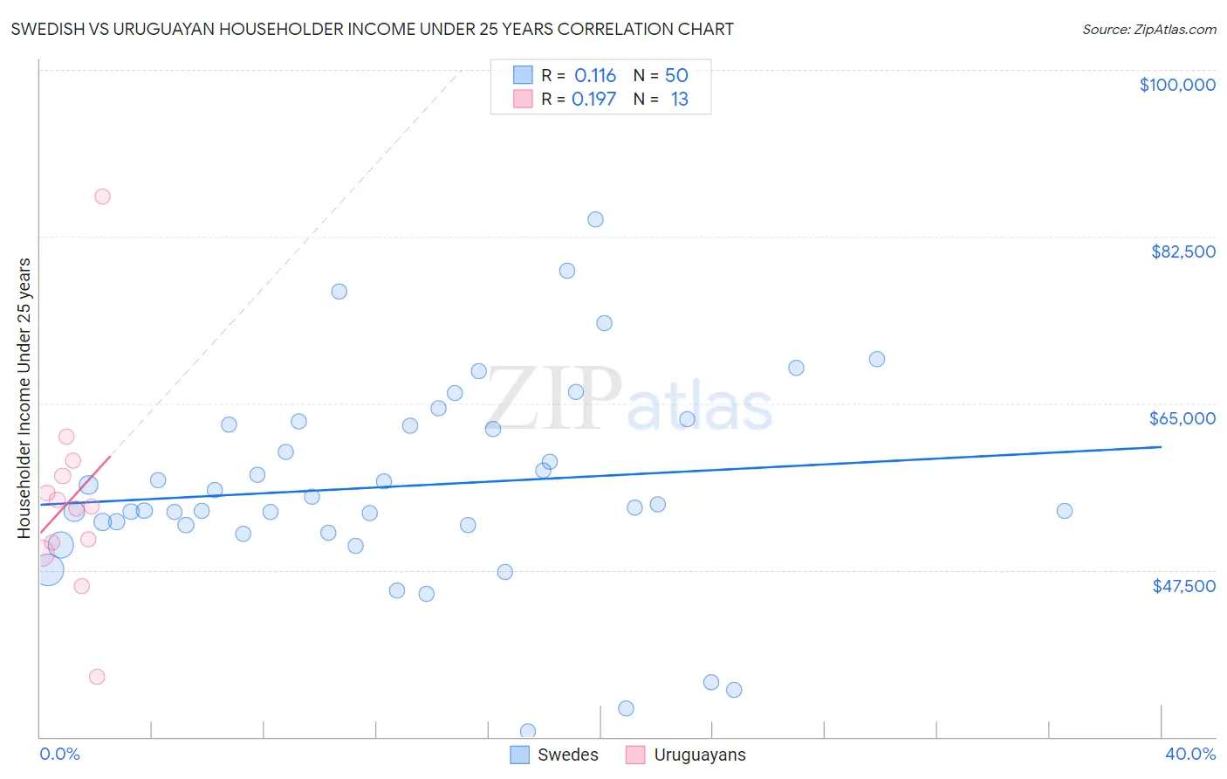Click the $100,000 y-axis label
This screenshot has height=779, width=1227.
coord(1177,85)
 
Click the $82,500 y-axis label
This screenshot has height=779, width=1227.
coord(1182,252)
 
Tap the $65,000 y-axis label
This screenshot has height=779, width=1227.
coord(1182,418)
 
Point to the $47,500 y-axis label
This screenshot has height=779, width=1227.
coord(1183,586)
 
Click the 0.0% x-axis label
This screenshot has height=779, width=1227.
coord(59,754)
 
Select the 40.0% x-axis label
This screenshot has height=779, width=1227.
coord(1189,754)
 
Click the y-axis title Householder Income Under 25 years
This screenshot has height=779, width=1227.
coord(24,397)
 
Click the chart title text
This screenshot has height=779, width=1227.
coord(372,29)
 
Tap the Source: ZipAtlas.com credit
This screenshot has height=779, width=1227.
coord(1148,29)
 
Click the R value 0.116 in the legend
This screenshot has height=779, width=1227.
coord(594,76)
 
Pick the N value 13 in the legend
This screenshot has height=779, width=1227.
coord(679,100)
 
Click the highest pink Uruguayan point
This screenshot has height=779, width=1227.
coord(102,196)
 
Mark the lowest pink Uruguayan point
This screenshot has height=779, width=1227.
coord(97,677)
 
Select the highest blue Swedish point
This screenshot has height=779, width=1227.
coord(595,219)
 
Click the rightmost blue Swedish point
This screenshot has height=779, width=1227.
coord(1064,511)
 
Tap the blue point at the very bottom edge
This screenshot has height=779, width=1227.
coord(528,731)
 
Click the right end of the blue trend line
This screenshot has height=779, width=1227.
coord(1161,446)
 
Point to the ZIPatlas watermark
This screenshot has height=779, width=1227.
coord(629,399)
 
